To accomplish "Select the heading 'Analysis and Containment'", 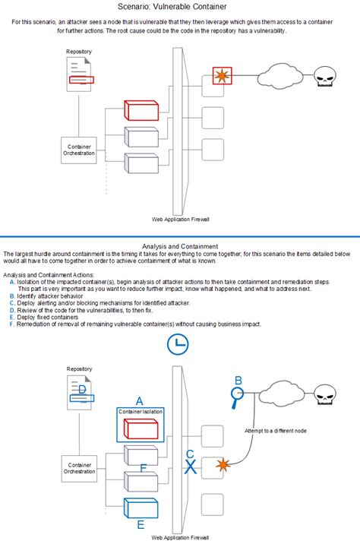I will pos(180,246).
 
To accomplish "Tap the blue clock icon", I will pos(178,344).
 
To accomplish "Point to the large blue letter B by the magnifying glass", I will pos(238,380).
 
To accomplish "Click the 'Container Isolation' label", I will pos(140,411).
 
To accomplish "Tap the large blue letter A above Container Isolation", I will pos(139,400).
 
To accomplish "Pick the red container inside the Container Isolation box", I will pos(140,428).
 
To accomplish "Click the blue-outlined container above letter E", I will pos(140,507).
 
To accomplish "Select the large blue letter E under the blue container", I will pos(140,524).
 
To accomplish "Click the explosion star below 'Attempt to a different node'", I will pos(222,463).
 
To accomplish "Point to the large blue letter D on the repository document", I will pos(82,391).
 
